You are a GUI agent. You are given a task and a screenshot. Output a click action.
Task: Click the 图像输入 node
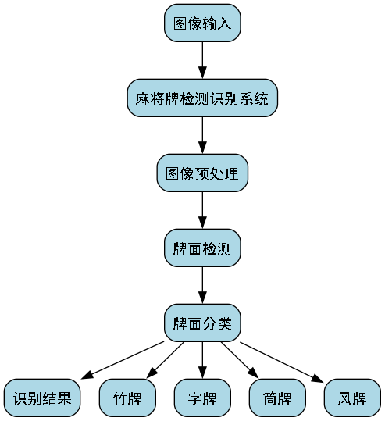[202, 23]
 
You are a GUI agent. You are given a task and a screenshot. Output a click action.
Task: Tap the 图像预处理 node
[202, 173]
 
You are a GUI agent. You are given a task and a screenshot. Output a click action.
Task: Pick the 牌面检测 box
[202, 248]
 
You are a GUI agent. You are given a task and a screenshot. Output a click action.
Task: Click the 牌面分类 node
[202, 323]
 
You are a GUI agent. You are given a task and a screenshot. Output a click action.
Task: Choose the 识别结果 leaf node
[42, 398]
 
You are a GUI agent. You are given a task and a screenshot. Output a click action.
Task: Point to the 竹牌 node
[127, 398]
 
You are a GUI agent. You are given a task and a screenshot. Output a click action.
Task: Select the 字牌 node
[202, 398]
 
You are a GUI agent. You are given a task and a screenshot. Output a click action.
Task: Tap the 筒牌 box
[277, 398]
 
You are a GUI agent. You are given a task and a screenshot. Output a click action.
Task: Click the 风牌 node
[352, 398]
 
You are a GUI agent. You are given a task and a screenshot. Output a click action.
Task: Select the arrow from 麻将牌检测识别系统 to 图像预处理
[202, 135]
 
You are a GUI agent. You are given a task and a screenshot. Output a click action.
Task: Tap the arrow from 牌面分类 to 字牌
[202, 361]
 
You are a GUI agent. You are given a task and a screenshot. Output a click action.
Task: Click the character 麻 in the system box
[142, 98]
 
